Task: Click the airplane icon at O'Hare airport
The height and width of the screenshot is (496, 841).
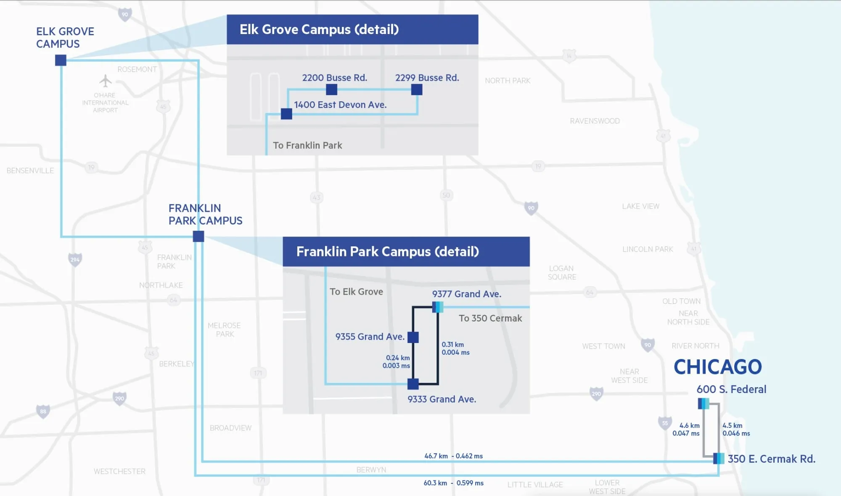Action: [106, 81]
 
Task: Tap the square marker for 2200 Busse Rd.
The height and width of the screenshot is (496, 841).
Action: [331, 90]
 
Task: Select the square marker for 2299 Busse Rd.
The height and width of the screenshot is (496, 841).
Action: [417, 90]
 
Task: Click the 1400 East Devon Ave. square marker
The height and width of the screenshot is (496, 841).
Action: [286, 114]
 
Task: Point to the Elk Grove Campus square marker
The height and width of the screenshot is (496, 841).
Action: [61, 61]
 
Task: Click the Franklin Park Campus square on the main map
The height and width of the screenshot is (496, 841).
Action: [198, 236]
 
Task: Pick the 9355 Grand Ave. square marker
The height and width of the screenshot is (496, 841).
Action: [413, 337]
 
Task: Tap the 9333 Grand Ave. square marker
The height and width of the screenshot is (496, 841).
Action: [413, 384]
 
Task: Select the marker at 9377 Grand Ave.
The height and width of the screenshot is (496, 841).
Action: [438, 307]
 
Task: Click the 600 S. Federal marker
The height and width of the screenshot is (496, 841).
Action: [703, 404]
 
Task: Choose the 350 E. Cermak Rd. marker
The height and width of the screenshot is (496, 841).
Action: [719, 458]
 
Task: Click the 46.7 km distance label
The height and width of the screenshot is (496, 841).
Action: [436, 456]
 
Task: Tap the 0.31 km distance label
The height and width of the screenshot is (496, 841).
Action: [452, 345]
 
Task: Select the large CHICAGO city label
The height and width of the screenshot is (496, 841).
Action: [718, 367]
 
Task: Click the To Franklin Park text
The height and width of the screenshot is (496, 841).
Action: [307, 145]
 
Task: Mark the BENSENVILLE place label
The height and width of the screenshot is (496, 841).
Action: [30, 171]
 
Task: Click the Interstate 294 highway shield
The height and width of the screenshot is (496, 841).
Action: [75, 259]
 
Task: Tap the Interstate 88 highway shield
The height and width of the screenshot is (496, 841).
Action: [43, 412]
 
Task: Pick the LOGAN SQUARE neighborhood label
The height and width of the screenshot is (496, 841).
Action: [562, 272]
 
